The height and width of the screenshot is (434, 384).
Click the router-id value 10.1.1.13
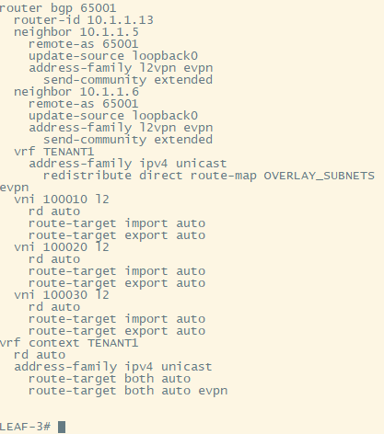(121, 20)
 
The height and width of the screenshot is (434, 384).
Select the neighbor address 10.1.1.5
(110, 32)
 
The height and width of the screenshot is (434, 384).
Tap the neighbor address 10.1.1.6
(110, 92)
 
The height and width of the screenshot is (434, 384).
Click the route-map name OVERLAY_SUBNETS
(320, 176)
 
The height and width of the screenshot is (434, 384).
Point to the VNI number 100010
(65, 200)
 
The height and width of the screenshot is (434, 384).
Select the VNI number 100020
(65, 247)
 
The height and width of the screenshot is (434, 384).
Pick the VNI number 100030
(65, 295)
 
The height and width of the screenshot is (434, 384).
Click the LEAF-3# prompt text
(25, 427)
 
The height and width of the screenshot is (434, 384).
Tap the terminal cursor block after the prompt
(62, 427)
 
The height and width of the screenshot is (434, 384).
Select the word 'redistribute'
(87, 176)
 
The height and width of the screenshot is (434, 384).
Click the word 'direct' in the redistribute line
(161, 176)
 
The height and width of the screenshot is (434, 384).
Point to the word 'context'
(54, 343)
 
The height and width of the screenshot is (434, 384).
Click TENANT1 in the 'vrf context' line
(113, 343)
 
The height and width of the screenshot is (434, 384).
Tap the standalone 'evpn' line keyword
(14, 188)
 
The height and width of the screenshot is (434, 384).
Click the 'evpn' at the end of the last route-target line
(213, 392)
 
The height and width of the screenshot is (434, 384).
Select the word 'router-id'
(47, 20)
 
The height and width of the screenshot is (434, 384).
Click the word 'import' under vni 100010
(146, 223)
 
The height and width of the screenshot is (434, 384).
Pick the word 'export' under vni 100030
(146, 331)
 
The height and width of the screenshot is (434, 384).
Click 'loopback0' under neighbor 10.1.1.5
(165, 56)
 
